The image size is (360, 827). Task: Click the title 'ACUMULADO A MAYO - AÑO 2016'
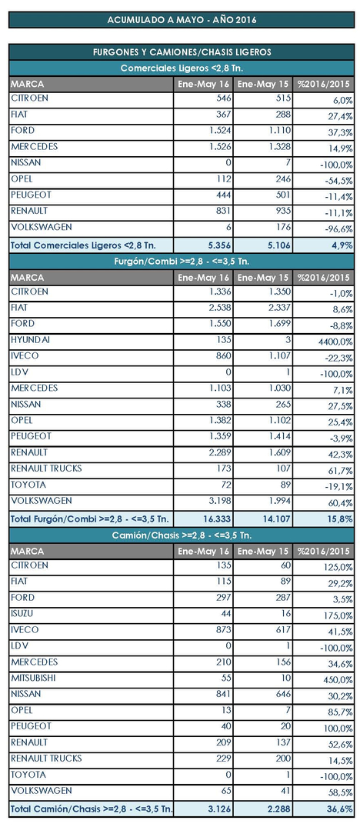182,20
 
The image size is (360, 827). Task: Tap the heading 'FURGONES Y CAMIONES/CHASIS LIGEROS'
182,52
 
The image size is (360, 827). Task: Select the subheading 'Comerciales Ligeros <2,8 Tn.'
182,68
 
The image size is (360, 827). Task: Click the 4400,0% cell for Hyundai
335,342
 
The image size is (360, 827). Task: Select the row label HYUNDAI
30,340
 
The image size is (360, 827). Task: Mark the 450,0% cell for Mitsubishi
338,680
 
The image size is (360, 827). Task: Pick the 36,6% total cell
339,808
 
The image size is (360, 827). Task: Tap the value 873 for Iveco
223,630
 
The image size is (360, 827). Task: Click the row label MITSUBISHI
33,678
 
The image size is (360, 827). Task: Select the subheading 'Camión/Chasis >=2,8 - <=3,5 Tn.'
182,535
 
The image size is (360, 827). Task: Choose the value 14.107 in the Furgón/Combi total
276,519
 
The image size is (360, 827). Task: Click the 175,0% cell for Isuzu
338,615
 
